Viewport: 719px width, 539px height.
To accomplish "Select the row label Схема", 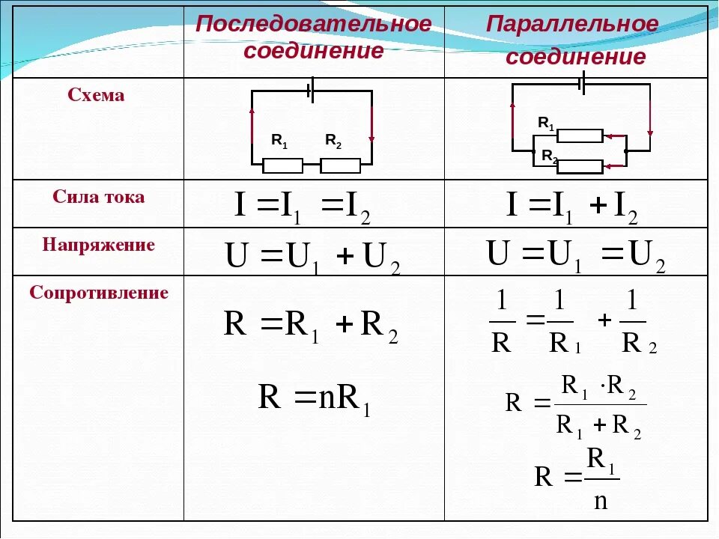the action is coord(97,96).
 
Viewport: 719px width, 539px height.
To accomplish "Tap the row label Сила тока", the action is coord(99,198).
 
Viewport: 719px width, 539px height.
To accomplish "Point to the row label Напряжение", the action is coord(99,245).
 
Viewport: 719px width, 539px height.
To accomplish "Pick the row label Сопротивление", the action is coord(99,293).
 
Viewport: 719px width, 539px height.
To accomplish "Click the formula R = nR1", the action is coord(314,398).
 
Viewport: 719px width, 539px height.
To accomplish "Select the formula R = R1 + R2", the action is coord(311,326).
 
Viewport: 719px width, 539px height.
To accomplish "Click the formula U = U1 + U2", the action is coord(312,258).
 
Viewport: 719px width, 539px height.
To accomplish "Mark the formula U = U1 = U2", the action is coord(575,255).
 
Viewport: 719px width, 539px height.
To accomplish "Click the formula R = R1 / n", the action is coord(577,478).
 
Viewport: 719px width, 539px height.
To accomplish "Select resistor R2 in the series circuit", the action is coord(340,165).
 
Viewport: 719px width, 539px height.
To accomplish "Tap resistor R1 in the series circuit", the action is coord(282,165).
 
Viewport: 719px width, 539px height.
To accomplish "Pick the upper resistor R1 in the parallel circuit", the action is coord(580,135).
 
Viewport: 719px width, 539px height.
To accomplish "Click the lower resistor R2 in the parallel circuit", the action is coord(580,166).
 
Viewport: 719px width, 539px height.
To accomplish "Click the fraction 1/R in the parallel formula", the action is coord(501,323).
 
